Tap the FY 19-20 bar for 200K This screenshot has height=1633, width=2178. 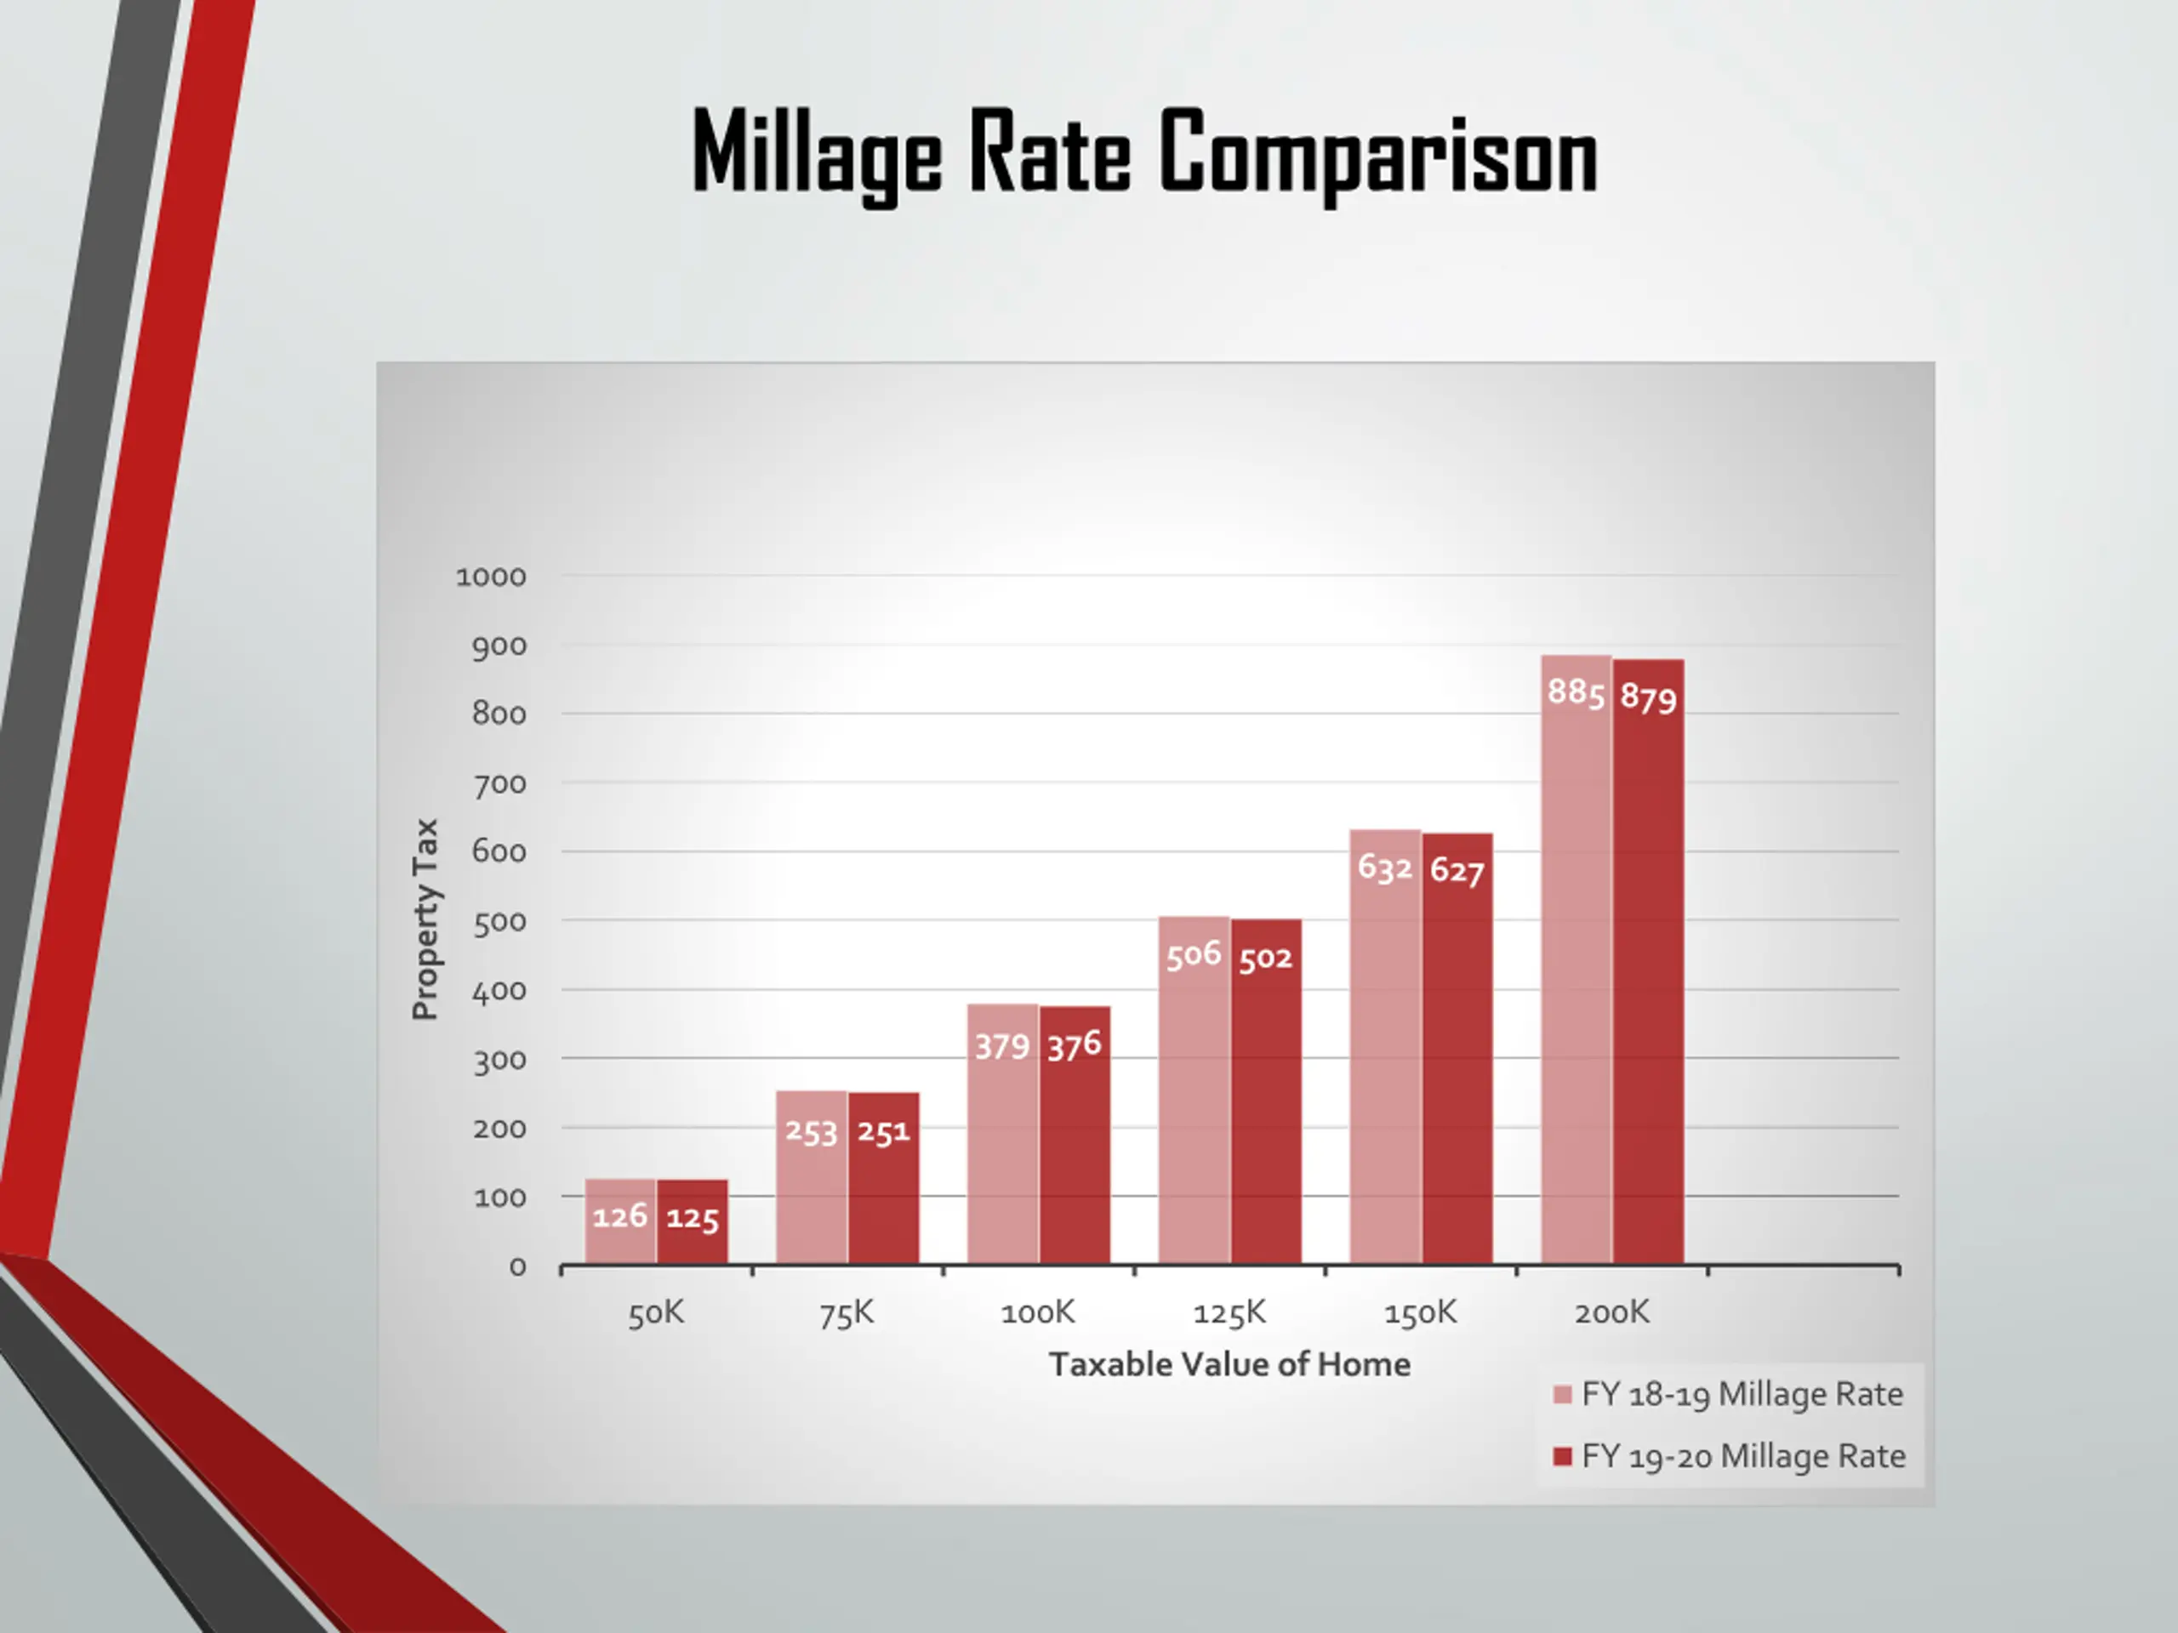coord(1648,984)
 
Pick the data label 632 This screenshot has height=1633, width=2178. coord(1384,868)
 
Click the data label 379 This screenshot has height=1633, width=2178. coord(1002,1046)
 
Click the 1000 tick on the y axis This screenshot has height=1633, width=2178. coord(490,577)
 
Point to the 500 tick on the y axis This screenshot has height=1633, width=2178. coord(499,922)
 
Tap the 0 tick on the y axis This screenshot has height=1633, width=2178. coord(517,1266)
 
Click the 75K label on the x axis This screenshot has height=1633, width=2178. coord(847,1313)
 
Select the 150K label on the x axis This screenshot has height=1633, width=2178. coord(1420,1313)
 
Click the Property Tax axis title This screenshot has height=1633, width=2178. coord(425,919)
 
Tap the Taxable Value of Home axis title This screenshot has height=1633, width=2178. coord(1229,1364)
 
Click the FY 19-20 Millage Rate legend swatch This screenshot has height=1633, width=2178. coord(1562,1456)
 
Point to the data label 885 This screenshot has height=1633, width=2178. coord(1576,692)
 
